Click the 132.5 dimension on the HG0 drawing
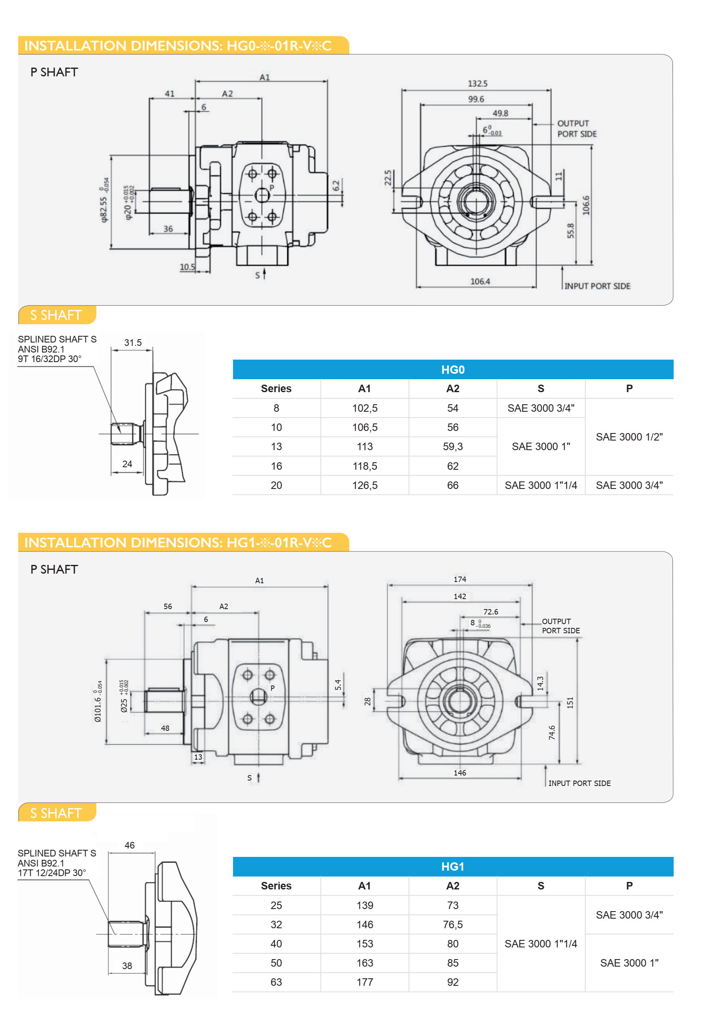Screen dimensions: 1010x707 (477, 83)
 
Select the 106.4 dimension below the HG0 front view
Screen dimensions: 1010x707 (480, 281)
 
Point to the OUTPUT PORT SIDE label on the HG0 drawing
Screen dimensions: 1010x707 (577, 128)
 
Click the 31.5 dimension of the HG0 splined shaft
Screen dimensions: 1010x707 (133, 342)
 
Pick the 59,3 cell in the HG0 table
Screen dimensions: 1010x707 (452, 446)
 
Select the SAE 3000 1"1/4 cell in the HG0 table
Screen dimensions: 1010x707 (540, 485)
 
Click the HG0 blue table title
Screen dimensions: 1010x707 (452, 370)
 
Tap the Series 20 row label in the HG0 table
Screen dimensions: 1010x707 (276, 485)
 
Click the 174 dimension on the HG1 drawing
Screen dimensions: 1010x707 (459, 579)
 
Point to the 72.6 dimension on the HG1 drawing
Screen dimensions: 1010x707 (490, 612)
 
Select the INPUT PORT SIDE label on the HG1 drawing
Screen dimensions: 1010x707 (579, 783)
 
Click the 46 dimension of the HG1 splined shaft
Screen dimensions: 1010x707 (129, 845)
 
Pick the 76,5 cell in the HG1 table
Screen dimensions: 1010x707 (452, 924)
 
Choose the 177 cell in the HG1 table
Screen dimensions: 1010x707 (364, 982)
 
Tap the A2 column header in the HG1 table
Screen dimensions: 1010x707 (452, 886)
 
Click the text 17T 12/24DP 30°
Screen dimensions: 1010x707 (52, 873)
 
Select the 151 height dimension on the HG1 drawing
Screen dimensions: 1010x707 (570, 703)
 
